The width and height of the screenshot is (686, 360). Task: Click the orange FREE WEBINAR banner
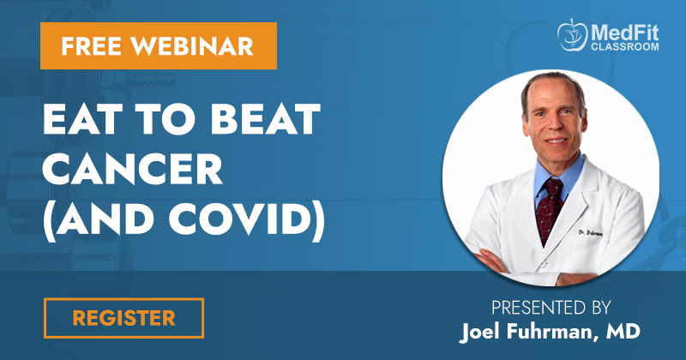coord(159,46)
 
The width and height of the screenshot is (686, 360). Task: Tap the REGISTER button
coord(123,318)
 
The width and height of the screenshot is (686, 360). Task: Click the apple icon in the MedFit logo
coord(572,34)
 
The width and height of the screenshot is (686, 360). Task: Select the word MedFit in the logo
coord(624,33)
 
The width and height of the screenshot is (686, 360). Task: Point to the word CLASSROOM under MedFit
coord(625,46)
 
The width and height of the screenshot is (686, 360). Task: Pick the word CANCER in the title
coord(133,169)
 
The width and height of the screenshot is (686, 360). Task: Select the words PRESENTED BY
coord(551,308)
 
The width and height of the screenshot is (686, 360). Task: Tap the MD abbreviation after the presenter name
coord(623,331)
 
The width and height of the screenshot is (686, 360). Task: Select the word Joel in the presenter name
coord(479,332)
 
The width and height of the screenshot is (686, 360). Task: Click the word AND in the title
coord(106,220)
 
